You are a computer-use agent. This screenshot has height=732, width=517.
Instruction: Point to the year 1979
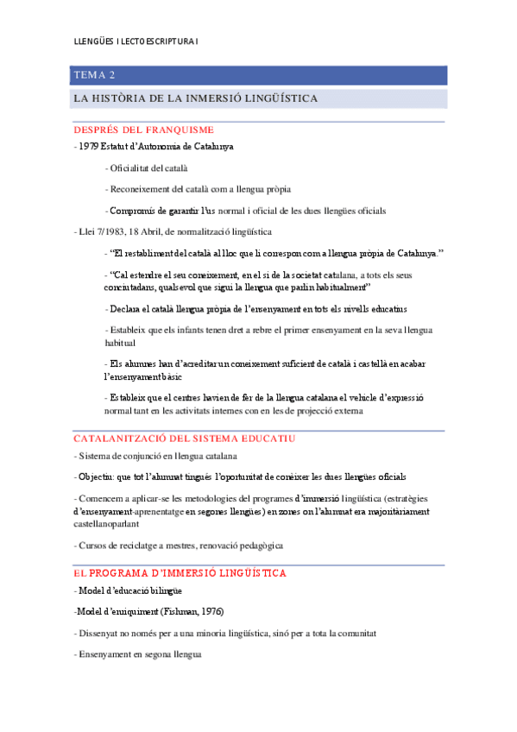88,147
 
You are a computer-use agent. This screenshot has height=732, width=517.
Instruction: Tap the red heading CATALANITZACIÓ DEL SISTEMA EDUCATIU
185,439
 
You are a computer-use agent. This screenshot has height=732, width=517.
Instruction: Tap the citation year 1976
210,612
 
